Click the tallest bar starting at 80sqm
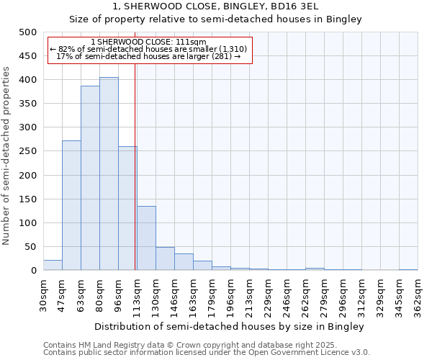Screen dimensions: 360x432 (109, 174)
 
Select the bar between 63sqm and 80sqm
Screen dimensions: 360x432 (90, 178)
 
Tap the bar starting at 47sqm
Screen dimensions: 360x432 (71, 205)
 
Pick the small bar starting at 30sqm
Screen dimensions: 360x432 (53, 265)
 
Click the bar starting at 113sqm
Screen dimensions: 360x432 (146, 238)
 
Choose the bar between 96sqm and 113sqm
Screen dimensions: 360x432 (127, 208)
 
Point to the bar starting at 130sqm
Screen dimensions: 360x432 (165, 258)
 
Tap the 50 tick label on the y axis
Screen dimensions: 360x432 (31, 247)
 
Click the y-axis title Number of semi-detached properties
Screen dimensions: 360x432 (7, 156)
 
